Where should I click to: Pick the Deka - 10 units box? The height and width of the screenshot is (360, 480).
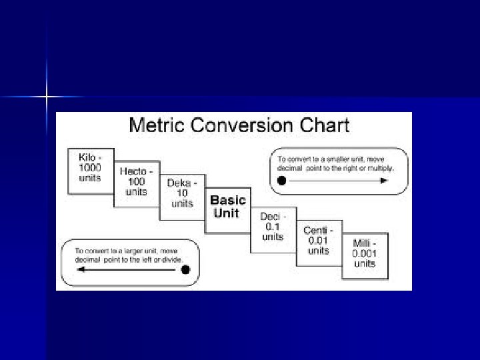coord(182,193)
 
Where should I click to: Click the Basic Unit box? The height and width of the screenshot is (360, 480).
coord(228,207)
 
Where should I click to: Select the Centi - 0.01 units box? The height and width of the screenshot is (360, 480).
coord(319,241)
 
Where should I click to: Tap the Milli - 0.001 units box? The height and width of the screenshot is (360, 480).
coord(365,253)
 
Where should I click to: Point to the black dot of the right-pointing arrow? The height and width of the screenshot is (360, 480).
coord(281,181)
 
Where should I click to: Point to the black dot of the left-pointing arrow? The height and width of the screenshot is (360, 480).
coord(186,270)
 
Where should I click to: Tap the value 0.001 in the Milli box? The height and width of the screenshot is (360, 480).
coord(365,253)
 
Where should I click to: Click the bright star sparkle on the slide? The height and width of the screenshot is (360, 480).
coord(47,98)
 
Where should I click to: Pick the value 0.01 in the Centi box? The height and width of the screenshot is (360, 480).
coord(319,241)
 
